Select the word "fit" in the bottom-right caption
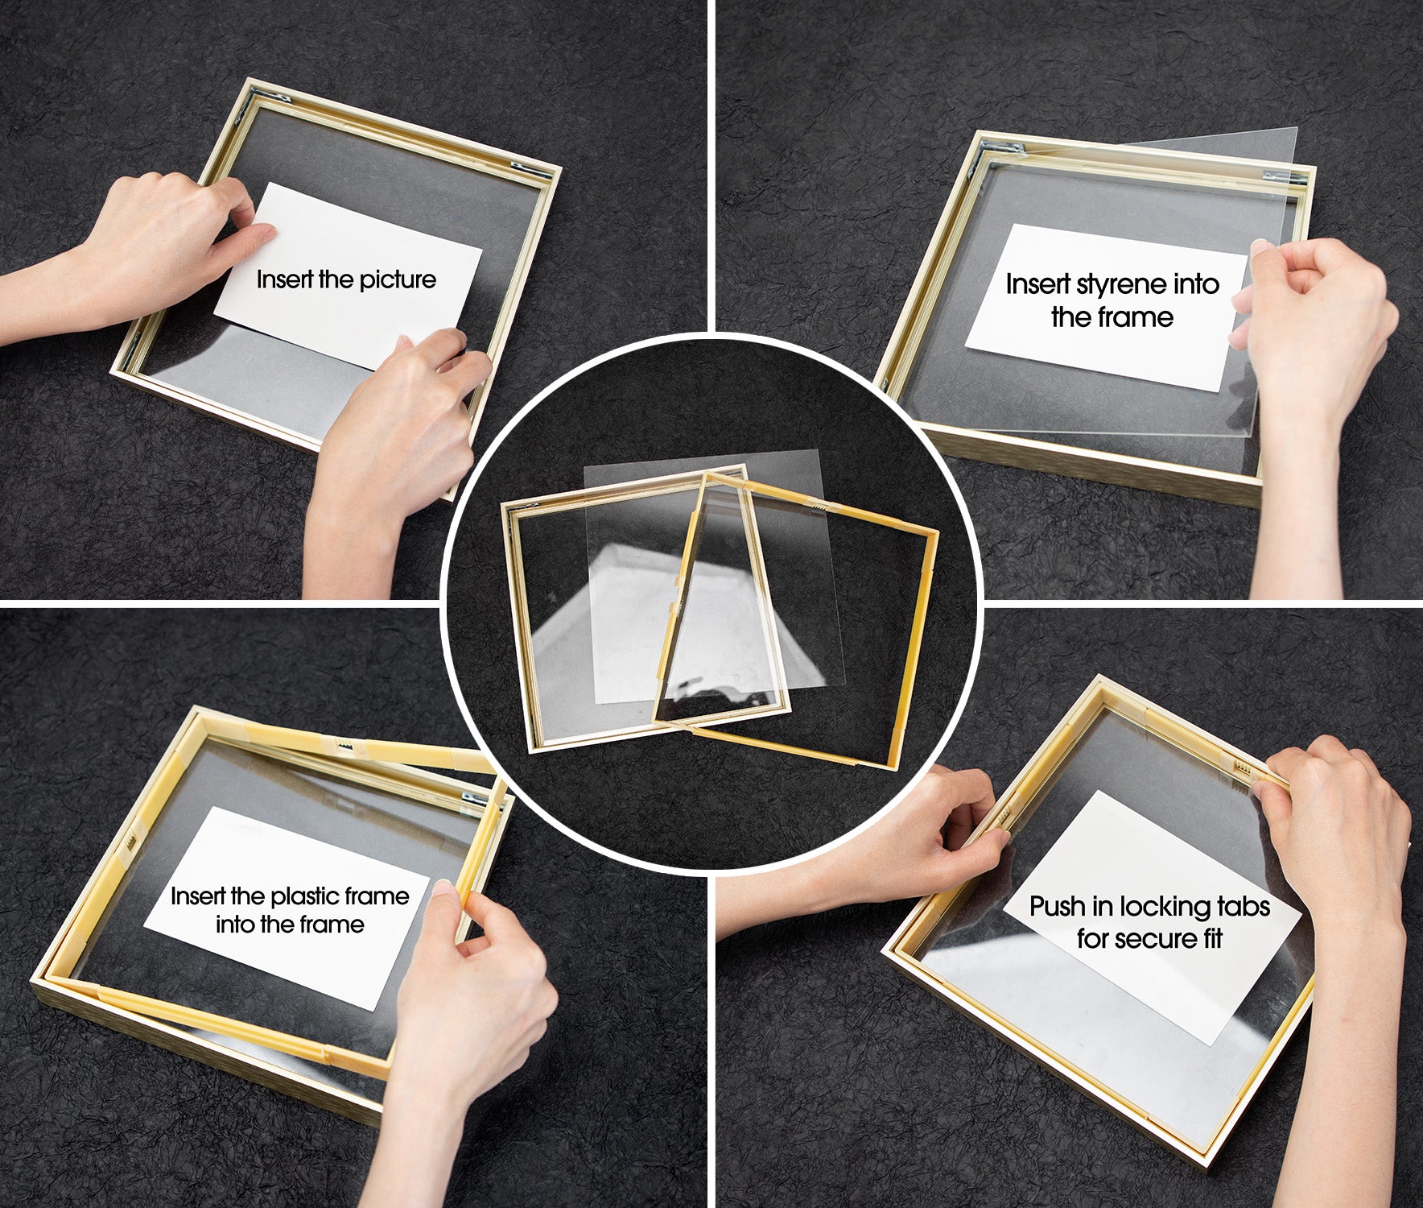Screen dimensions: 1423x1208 point(1214,938)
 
